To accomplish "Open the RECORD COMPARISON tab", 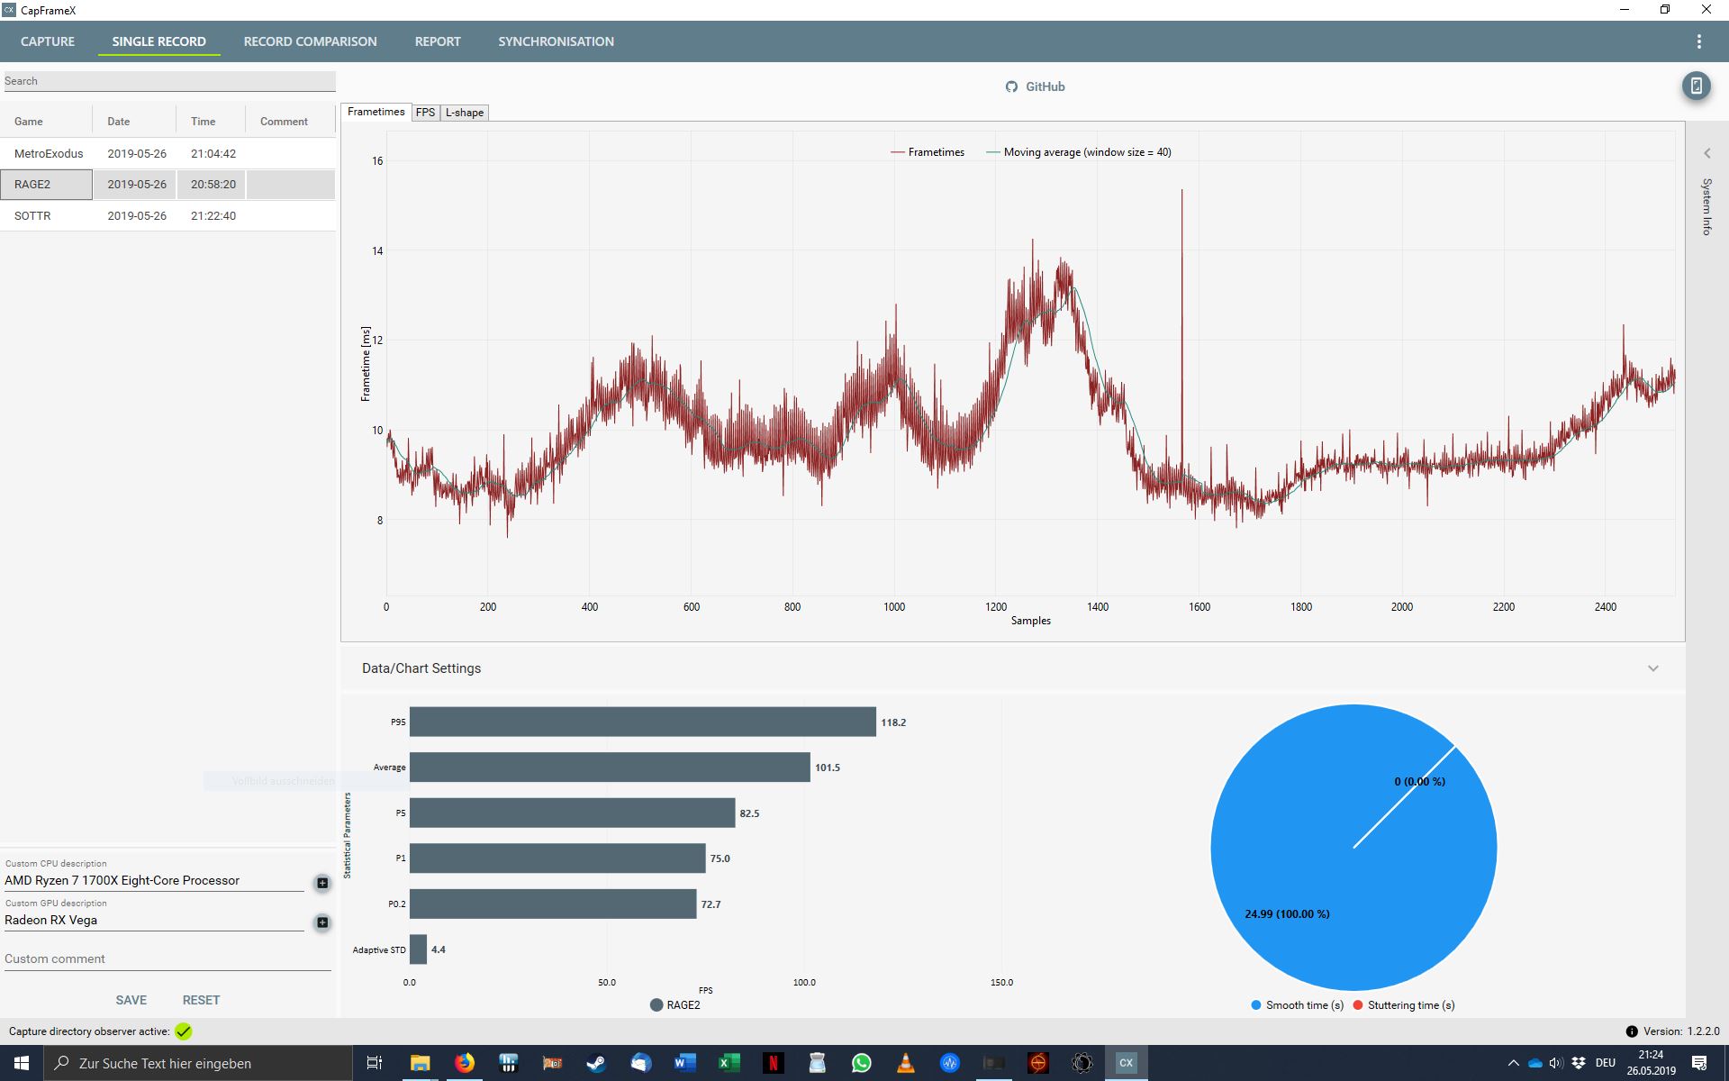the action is click(310, 41).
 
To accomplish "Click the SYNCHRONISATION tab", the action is click(556, 41).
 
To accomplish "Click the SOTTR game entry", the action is click(32, 215).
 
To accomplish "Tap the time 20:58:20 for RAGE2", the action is click(213, 184).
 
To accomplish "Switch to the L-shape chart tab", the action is click(465, 113).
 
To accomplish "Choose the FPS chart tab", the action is click(425, 113).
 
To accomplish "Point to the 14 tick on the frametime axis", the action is click(377, 250).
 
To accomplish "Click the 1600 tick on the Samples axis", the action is click(1199, 607).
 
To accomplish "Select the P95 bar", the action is click(643, 722).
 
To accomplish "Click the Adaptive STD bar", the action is click(418, 949).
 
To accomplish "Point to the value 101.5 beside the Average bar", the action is click(828, 768).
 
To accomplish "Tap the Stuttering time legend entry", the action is click(1404, 1005).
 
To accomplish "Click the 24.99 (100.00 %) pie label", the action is click(1287, 913).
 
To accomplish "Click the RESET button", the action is click(201, 1000).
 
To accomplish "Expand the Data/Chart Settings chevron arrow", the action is click(1653, 668).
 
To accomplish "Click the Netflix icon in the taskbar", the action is click(773, 1063).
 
